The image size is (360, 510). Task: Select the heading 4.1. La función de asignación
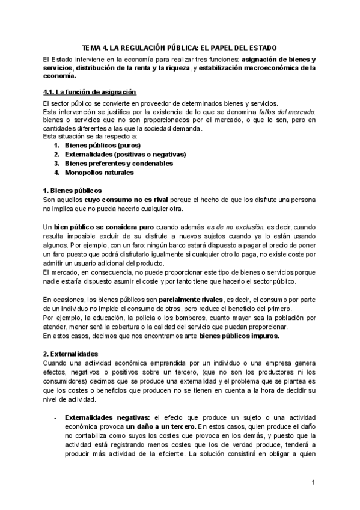(x=85, y=91)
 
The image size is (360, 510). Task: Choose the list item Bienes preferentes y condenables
(x=118, y=164)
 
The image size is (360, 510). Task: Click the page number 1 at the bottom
(x=314, y=483)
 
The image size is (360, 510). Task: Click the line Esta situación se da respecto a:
(x=82, y=137)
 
